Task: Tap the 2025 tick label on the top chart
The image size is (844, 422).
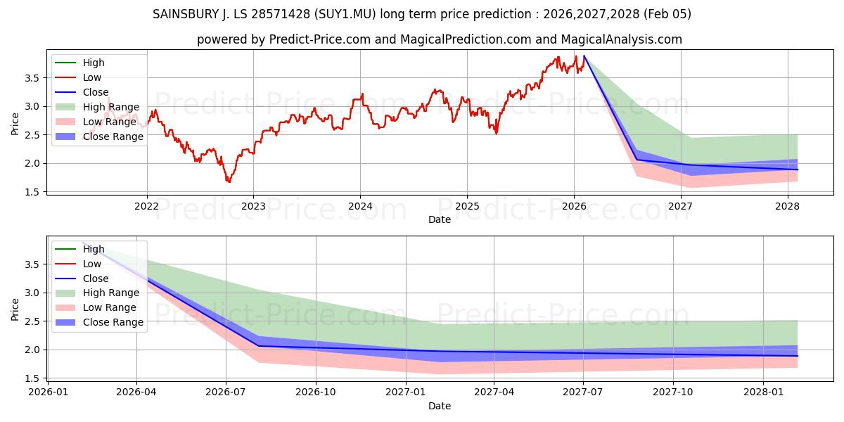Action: (467, 206)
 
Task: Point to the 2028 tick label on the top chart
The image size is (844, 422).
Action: (787, 206)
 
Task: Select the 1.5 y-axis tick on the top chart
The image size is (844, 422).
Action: (33, 192)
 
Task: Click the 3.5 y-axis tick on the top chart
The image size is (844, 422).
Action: (33, 78)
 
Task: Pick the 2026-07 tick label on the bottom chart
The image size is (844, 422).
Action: (226, 392)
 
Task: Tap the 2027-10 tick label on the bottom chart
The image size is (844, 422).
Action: (674, 392)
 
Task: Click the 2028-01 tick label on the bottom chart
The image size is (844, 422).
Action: (764, 392)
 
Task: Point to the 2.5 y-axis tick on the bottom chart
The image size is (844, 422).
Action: (33, 321)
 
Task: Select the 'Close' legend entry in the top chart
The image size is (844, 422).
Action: (96, 92)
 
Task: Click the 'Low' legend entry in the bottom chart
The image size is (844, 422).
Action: (92, 264)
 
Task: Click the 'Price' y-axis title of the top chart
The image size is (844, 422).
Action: (15, 124)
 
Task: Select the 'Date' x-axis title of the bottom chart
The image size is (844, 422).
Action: (440, 406)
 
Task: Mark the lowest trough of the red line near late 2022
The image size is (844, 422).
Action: (229, 182)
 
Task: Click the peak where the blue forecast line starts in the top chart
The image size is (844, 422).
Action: (584, 56)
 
